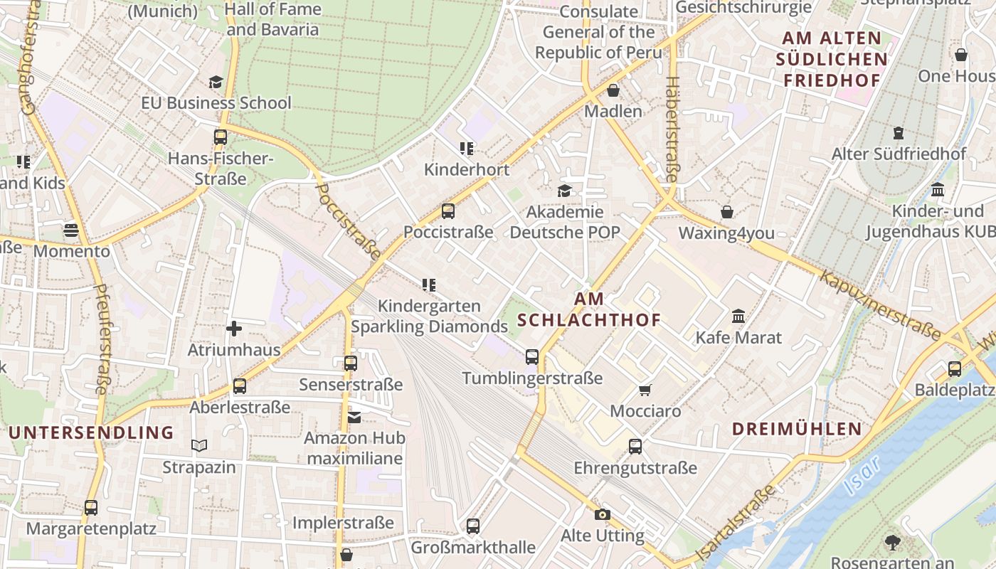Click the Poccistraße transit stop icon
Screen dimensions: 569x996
(x=447, y=211)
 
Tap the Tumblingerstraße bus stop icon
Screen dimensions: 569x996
(x=532, y=357)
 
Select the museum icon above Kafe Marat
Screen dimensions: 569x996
(x=738, y=316)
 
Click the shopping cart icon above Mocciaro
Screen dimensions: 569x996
(x=645, y=390)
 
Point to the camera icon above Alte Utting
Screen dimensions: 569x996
(x=603, y=514)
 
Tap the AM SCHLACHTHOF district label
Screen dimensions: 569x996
(x=589, y=309)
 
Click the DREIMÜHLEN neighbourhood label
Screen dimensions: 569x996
(x=797, y=429)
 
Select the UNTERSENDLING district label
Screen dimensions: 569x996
(x=91, y=432)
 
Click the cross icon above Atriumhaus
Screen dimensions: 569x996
(x=234, y=329)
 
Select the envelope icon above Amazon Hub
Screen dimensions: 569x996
(x=354, y=417)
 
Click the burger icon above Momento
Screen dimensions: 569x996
(x=70, y=230)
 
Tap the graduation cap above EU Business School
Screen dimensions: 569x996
(x=216, y=82)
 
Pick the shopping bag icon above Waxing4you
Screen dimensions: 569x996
(x=727, y=212)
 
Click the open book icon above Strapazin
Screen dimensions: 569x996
(x=199, y=446)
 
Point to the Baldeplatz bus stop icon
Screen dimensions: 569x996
(x=955, y=368)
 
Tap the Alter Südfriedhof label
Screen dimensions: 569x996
(x=899, y=154)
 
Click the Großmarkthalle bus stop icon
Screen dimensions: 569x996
(x=473, y=526)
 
